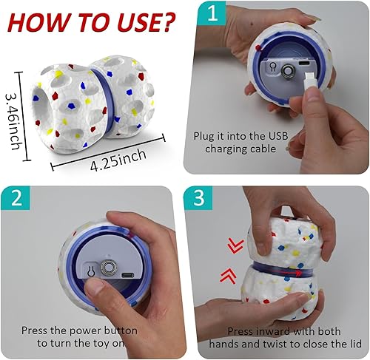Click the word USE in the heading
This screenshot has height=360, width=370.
click(x=133, y=22)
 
